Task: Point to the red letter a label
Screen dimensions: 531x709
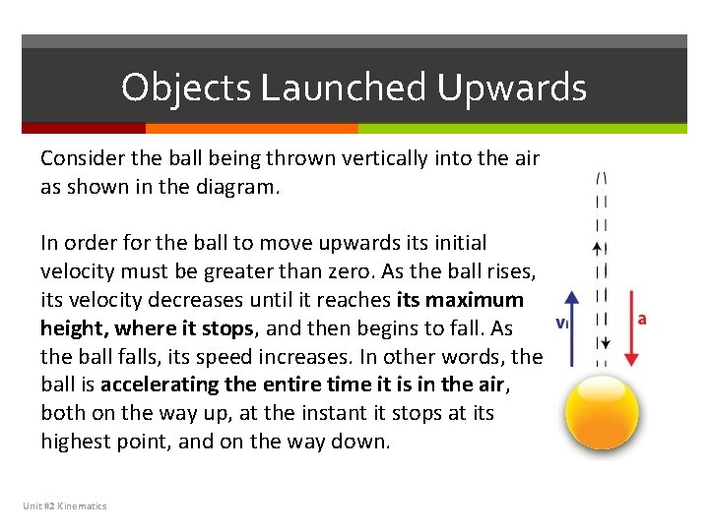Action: [643, 320]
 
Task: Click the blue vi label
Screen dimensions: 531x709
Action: [562, 323]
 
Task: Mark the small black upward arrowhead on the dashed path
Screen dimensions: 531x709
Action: [601, 249]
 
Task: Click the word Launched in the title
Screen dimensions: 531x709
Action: [344, 88]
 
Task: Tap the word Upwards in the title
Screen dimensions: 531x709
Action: [512, 88]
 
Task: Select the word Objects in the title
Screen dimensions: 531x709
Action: [186, 88]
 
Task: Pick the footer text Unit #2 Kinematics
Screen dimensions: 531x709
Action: [65, 505]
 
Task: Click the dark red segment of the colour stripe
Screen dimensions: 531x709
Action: [84, 128]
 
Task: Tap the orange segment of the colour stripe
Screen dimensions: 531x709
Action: [251, 128]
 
